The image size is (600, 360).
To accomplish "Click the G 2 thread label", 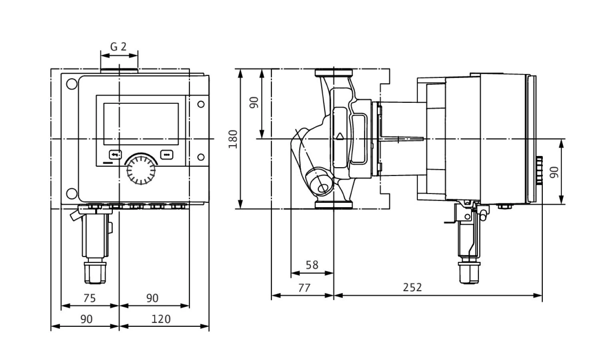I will pyautogui.click(x=118, y=47).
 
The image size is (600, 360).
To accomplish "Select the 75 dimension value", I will pyautogui.click(x=90, y=298).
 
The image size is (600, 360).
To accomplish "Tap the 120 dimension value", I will pyautogui.click(x=161, y=319).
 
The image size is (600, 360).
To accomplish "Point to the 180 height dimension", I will pyautogui.click(x=233, y=139).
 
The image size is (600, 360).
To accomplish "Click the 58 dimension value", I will pyautogui.click(x=312, y=265).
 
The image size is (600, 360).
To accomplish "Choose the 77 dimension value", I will pyautogui.click(x=304, y=288).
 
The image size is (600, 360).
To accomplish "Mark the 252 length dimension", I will pyautogui.click(x=412, y=288).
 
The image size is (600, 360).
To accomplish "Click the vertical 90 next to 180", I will pyautogui.click(x=254, y=102).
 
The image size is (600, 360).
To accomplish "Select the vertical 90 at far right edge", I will pyautogui.click(x=554, y=172).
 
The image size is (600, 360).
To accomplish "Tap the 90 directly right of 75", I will pyautogui.click(x=152, y=298).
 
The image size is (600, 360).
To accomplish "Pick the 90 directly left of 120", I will pyautogui.click(x=86, y=319).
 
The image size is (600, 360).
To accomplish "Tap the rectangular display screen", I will pyautogui.click(x=141, y=124).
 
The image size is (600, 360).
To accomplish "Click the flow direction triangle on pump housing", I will pyautogui.click(x=340, y=136).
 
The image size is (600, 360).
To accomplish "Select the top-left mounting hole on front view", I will pyautogui.click(x=72, y=85).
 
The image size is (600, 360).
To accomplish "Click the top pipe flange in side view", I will pyautogui.click(x=334, y=73).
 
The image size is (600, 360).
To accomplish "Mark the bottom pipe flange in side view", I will pyautogui.click(x=334, y=205).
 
